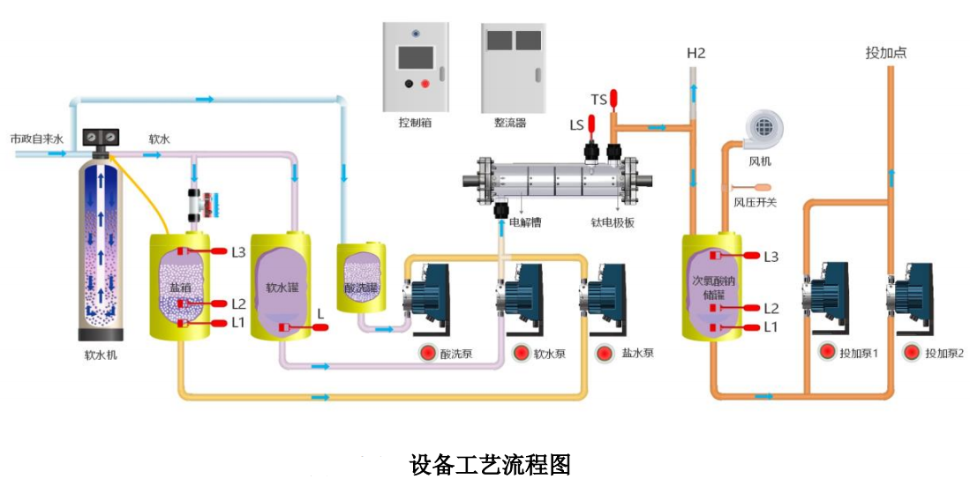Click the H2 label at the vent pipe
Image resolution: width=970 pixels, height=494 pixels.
coord(696,54)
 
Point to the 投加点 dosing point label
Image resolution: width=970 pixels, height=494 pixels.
coord(886,53)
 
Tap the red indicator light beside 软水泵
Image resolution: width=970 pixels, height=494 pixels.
coord(520,354)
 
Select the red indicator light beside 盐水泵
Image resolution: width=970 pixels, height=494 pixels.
coord(605,354)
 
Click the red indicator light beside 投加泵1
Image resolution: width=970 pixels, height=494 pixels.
coord(827,353)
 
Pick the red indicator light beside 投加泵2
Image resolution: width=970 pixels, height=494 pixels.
coord(912,353)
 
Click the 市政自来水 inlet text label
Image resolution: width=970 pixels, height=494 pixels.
coord(36,139)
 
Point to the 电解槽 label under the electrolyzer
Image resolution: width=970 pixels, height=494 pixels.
coord(525,223)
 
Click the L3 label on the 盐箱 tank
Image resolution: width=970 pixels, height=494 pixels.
coord(238,251)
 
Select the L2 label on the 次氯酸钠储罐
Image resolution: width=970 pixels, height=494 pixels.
coord(771,308)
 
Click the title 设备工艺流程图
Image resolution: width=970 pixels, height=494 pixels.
coord(490,464)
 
